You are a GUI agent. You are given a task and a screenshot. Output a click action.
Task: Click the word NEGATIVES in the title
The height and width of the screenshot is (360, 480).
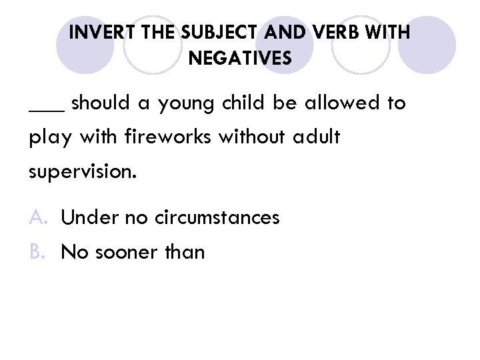tap(240, 59)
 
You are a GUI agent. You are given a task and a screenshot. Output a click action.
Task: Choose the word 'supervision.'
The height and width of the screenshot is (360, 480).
tap(83, 173)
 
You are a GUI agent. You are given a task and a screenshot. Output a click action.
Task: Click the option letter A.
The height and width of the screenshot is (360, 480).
tap(37, 218)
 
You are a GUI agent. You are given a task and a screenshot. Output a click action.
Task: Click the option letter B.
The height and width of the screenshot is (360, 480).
tap(37, 252)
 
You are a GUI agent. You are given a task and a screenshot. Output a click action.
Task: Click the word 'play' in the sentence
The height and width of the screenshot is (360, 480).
tap(47, 139)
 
